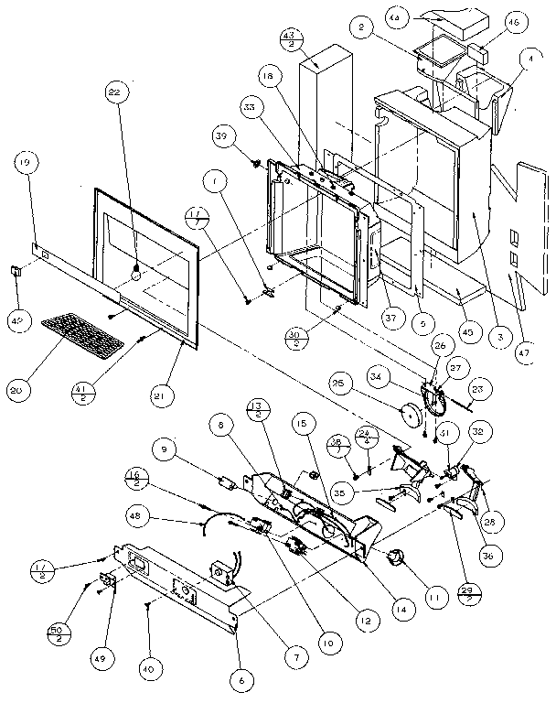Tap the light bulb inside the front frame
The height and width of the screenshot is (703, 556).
pos(137,271)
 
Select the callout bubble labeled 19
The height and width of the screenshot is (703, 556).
pos(23,166)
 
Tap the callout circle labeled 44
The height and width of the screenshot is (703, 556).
pos(422,17)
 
